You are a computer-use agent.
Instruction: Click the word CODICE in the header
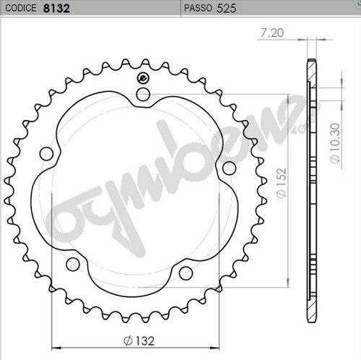point(21,8)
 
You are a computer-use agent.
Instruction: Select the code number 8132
point(56,8)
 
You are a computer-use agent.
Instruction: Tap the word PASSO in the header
point(198,8)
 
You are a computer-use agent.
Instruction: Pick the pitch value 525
point(227,8)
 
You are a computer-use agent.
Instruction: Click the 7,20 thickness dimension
point(272,33)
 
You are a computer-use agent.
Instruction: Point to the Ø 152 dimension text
point(281,183)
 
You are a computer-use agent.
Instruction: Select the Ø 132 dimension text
point(139,340)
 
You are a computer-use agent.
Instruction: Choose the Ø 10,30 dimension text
point(335,144)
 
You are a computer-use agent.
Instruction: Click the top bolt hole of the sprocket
point(143,94)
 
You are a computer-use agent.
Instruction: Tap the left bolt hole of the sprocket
point(46,154)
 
